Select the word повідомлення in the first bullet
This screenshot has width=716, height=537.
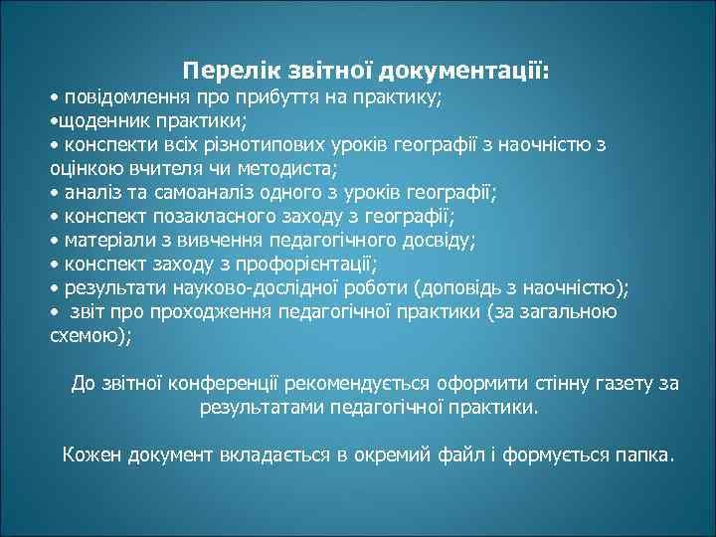(x=115, y=98)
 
